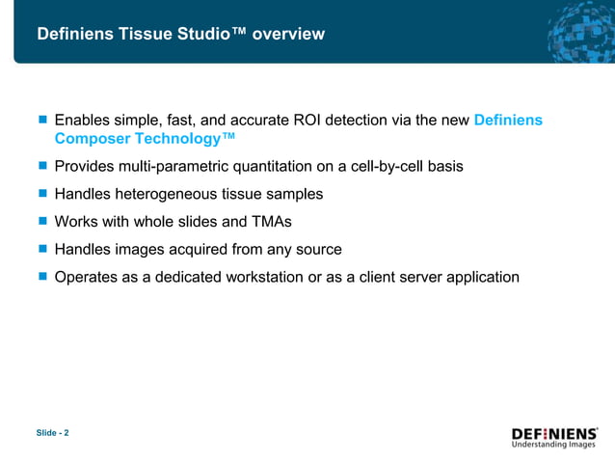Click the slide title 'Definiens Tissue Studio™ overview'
click(180, 35)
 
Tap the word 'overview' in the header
click(289, 35)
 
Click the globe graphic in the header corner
click(578, 31)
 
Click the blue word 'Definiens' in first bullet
click(508, 121)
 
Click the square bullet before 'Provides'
click(42, 166)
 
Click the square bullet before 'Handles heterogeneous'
click(42, 194)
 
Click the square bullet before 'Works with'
click(42, 222)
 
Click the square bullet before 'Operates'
click(42, 277)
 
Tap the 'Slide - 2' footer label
click(53, 433)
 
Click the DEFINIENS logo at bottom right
click(554, 437)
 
